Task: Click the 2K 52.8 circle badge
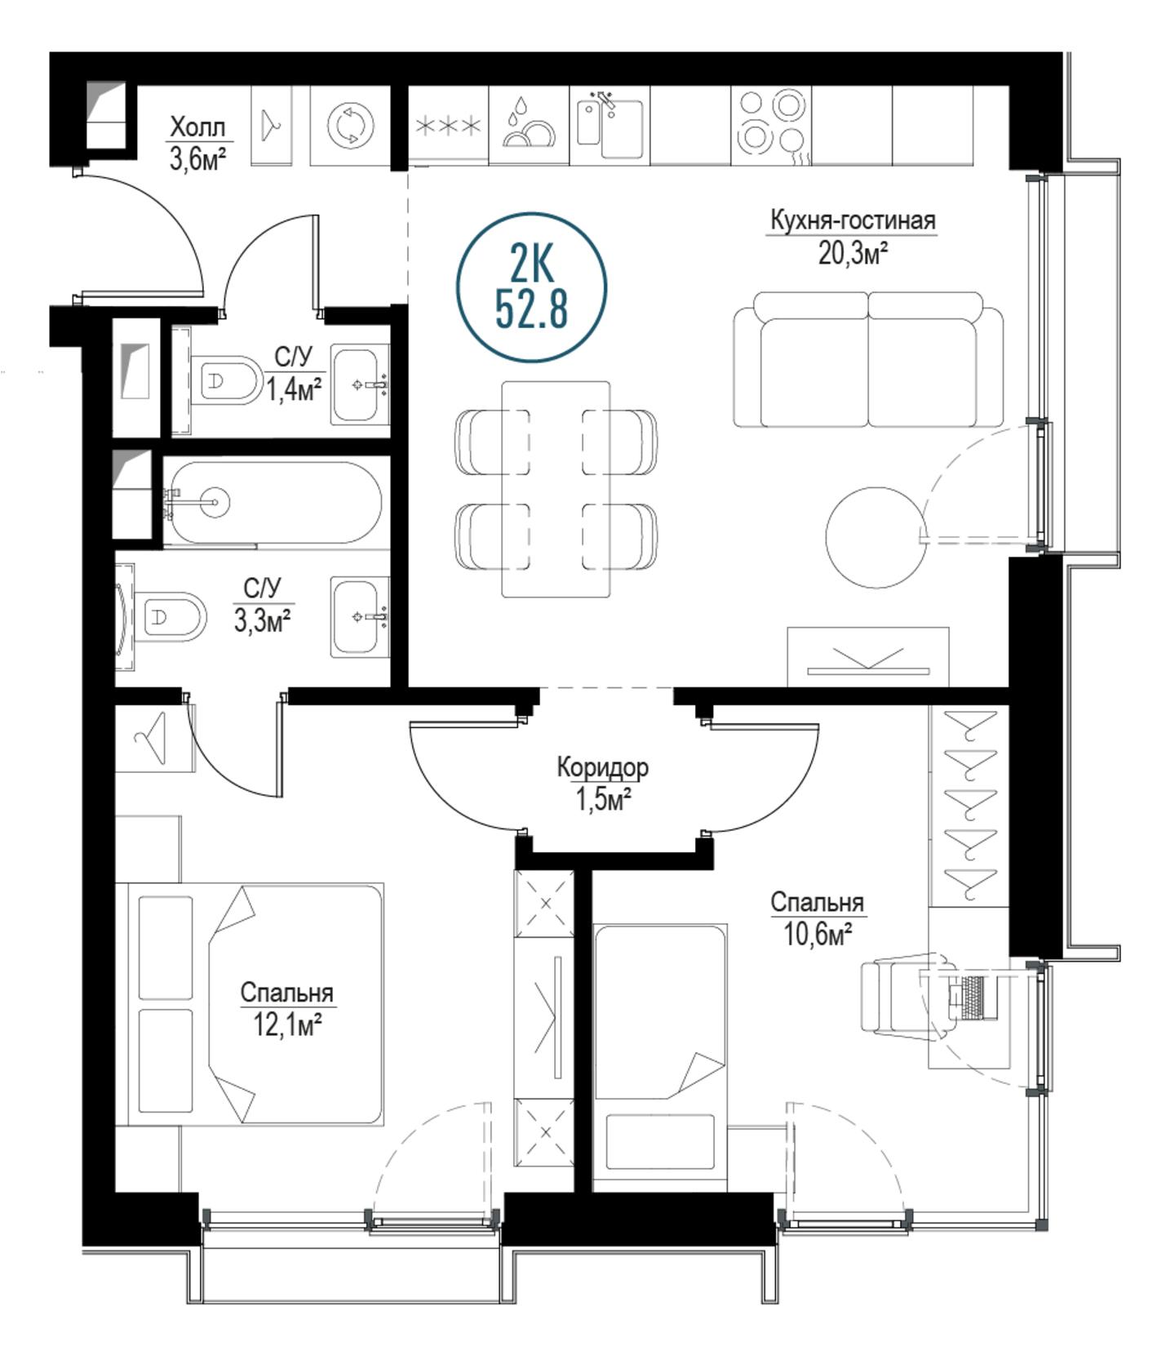coord(531,287)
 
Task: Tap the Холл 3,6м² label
coord(197,143)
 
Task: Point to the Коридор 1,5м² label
coord(603,784)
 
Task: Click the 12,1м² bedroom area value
coord(286,1024)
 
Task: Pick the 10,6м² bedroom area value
coord(818,934)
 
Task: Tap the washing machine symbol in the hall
coord(351,127)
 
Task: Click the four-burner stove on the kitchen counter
coord(771,127)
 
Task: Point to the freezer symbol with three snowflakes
coord(448,127)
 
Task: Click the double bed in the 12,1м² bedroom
coord(255,1005)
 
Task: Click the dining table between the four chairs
coord(556,489)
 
